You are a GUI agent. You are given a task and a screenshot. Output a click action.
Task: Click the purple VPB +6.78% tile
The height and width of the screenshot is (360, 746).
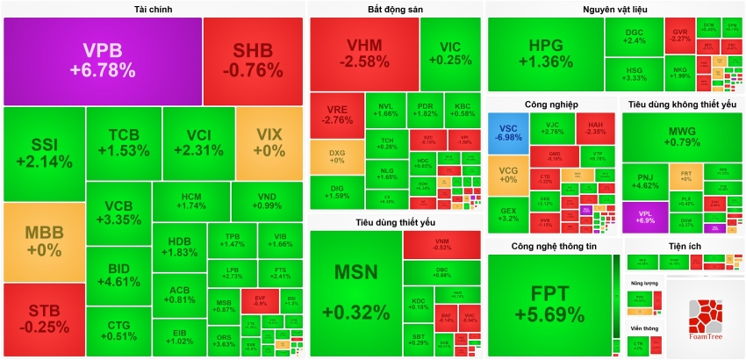pyautogui.click(x=104, y=60)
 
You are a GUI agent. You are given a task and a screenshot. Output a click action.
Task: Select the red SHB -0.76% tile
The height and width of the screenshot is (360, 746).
pyautogui.click(x=253, y=60)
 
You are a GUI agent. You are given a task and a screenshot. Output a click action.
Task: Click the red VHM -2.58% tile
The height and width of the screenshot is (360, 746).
pyautogui.click(x=362, y=53)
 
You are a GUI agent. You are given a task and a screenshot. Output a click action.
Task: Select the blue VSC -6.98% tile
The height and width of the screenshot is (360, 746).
pyautogui.click(x=508, y=132)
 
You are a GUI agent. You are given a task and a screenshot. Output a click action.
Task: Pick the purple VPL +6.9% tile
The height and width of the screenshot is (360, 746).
pyautogui.click(x=645, y=217)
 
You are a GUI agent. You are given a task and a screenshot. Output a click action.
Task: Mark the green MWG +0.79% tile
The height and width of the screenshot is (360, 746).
pyautogui.click(x=682, y=136)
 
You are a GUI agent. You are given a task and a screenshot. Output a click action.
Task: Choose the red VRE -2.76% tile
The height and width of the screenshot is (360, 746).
pyautogui.click(x=337, y=115)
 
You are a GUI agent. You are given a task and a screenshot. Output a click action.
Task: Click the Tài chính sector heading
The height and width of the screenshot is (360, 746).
pyautogui.click(x=153, y=9)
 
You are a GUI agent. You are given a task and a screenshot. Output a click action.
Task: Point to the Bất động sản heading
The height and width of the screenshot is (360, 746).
pyautogui.click(x=396, y=9)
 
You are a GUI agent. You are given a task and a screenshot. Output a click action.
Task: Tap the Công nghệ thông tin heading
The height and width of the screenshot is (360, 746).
pyautogui.click(x=554, y=247)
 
